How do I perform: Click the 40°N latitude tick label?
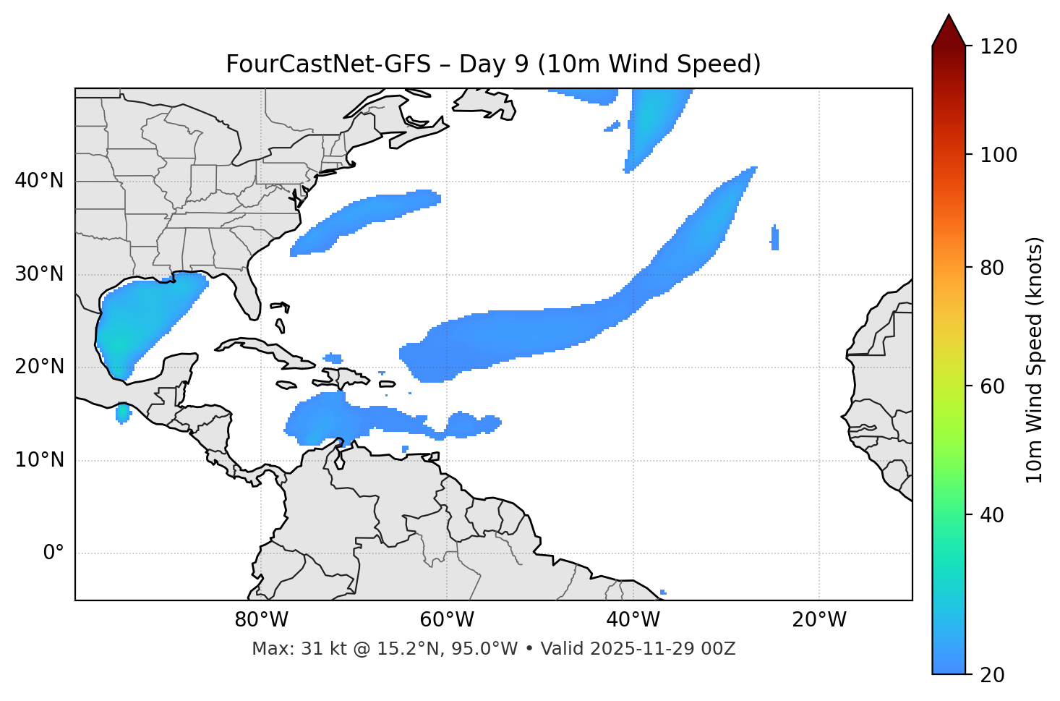(x=39, y=181)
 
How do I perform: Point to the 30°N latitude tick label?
(x=39, y=274)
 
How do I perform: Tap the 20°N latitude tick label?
(x=39, y=367)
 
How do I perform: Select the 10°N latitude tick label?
(x=39, y=460)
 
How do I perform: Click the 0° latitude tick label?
(x=54, y=553)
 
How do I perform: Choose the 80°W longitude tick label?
(x=261, y=620)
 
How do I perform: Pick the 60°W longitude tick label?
(x=447, y=620)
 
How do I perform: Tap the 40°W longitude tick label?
(x=633, y=620)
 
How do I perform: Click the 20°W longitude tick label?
(x=818, y=620)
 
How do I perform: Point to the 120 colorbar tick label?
(x=998, y=47)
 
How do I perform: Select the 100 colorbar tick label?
(x=998, y=155)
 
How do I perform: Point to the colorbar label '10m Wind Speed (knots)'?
(x=1035, y=360)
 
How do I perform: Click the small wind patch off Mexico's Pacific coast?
(x=123, y=413)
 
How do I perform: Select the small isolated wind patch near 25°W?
(x=774, y=238)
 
